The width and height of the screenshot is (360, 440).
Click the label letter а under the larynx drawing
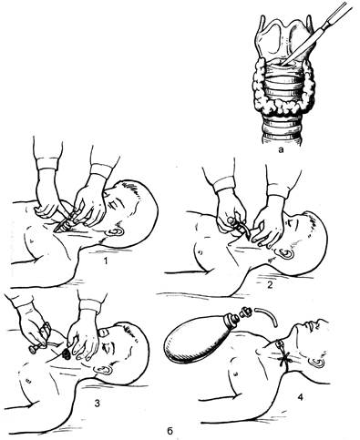click(281, 149)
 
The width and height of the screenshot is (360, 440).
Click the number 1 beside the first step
click(106, 261)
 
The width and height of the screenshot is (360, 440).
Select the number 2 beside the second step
click(270, 285)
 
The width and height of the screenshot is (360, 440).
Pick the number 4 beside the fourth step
click(300, 396)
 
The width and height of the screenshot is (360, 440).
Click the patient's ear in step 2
click(286, 252)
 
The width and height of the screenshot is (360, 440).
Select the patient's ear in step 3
click(103, 370)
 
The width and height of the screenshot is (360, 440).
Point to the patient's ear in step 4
click(317, 362)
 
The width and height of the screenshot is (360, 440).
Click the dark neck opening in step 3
click(66, 353)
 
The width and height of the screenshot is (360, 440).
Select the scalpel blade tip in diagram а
click(282, 64)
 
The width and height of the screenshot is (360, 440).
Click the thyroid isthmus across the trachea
click(282, 107)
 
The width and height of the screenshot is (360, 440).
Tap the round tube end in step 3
click(33, 349)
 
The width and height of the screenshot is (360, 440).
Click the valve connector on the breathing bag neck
click(245, 312)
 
